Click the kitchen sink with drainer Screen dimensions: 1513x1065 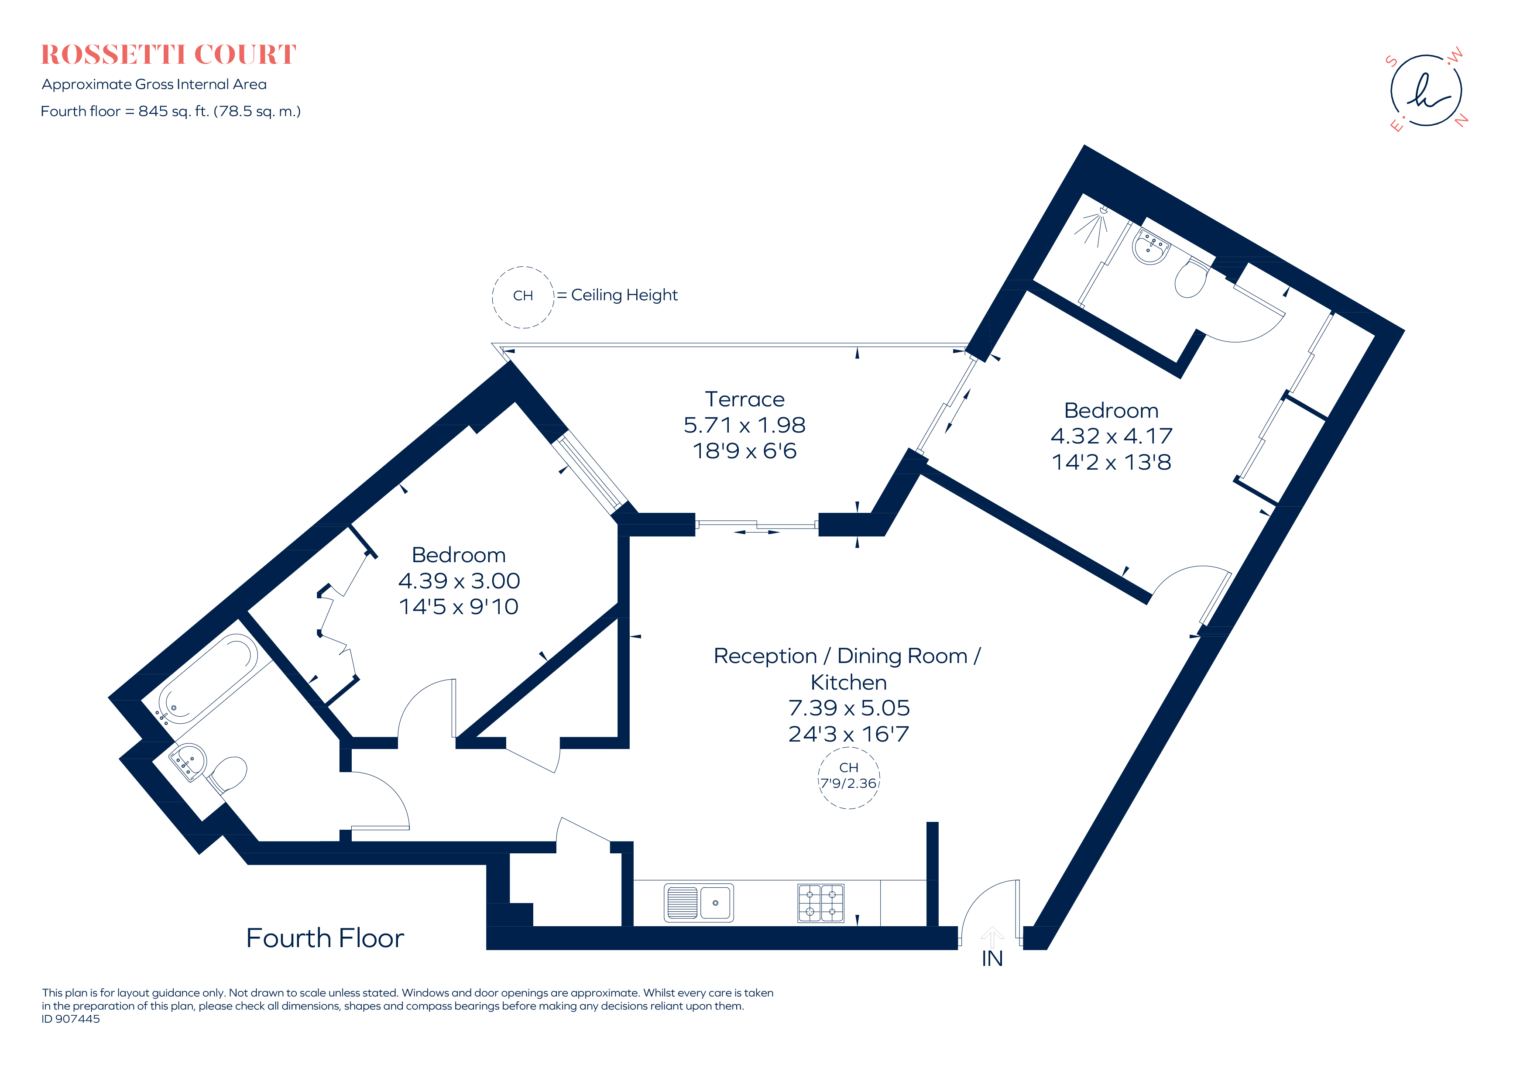(x=699, y=902)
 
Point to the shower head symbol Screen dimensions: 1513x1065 (x=1094, y=224)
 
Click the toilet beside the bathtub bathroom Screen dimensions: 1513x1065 (x=227, y=774)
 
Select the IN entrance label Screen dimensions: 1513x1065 (x=992, y=959)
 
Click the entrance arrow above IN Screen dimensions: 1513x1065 (x=992, y=937)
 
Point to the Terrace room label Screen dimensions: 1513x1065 (x=744, y=399)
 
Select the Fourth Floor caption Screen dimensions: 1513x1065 (x=325, y=938)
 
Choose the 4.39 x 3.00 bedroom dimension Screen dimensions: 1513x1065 (x=459, y=581)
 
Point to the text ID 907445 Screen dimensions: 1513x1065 (x=71, y=1019)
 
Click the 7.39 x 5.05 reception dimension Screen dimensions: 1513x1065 (x=849, y=708)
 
